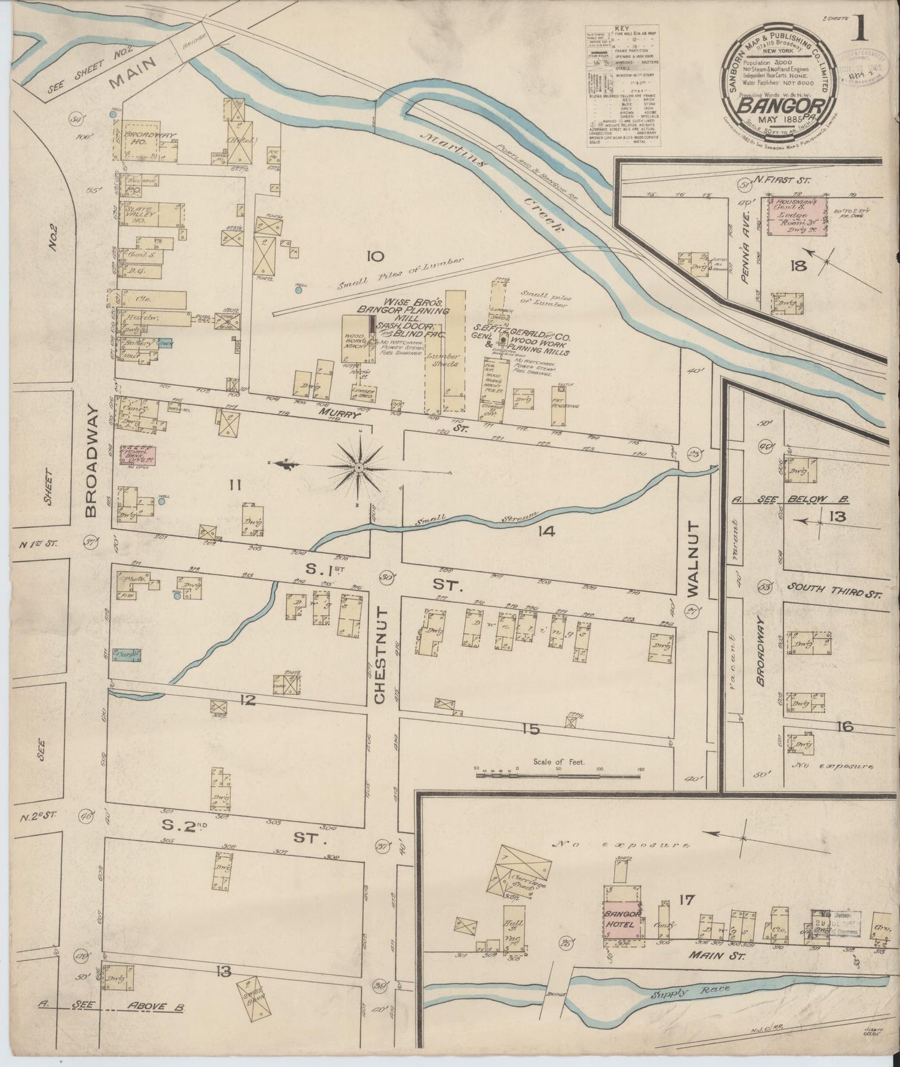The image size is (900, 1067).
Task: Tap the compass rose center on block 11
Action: point(359,466)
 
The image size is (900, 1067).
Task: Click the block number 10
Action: point(375,256)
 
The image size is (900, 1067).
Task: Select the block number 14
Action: point(547,531)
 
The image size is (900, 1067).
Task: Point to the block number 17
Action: point(672,899)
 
